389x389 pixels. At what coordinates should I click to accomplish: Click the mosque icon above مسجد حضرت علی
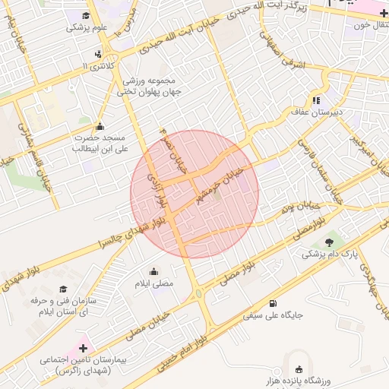point(99,127)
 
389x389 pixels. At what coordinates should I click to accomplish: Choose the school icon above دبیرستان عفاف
point(316,100)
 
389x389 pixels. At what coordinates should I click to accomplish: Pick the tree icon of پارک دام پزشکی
point(329,242)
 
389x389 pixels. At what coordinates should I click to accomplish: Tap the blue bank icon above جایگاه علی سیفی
point(272,299)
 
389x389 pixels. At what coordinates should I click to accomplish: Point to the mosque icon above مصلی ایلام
point(154,272)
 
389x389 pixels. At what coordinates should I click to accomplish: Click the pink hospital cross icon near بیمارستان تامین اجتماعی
point(83,347)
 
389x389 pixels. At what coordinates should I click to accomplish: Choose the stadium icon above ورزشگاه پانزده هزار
point(299,369)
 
